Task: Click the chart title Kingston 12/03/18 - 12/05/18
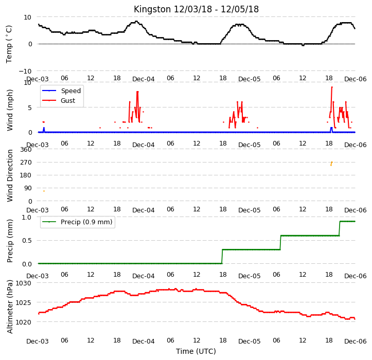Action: [x=196, y=9]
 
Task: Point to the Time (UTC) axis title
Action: [x=196, y=351]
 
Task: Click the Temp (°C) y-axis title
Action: [x=9, y=44]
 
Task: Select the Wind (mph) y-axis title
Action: [x=9, y=110]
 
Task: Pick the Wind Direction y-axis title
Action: [x=9, y=175]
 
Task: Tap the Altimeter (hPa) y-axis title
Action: [x=9, y=307]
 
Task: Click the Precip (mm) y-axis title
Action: [x=9, y=241]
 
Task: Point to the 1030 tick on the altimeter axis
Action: [x=24, y=283]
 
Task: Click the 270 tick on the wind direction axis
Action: [x=26, y=163]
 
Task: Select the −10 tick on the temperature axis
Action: [x=25, y=71]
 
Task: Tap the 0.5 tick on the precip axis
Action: [x=27, y=241]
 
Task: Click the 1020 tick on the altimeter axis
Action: [x=24, y=322]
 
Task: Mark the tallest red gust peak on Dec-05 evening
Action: [x=332, y=87]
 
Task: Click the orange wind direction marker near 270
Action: [x=331, y=164]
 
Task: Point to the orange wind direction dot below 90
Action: [x=44, y=191]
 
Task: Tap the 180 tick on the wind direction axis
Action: [x=26, y=175]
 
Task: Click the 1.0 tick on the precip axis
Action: [x=27, y=217]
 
